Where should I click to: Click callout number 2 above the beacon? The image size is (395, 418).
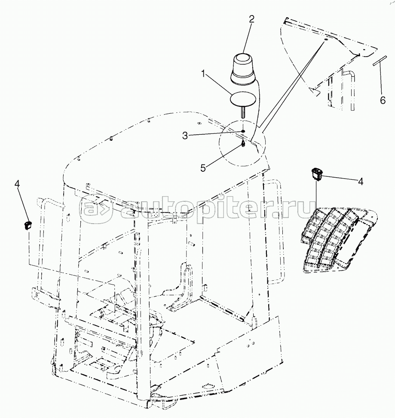[251, 19]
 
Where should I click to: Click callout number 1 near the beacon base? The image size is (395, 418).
[203, 73]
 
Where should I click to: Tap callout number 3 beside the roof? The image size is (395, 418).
[185, 136]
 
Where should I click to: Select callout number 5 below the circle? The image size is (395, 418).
[203, 168]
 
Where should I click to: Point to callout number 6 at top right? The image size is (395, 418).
[383, 100]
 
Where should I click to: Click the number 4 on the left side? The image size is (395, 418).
[17, 184]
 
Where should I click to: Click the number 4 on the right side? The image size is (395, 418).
[360, 182]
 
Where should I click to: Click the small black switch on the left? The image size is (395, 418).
[28, 226]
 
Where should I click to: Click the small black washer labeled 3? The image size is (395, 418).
[243, 131]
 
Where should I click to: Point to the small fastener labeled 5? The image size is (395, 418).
[243, 144]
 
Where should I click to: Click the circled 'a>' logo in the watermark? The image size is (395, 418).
[95, 209]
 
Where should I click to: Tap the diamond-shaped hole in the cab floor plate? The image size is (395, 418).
[208, 386]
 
